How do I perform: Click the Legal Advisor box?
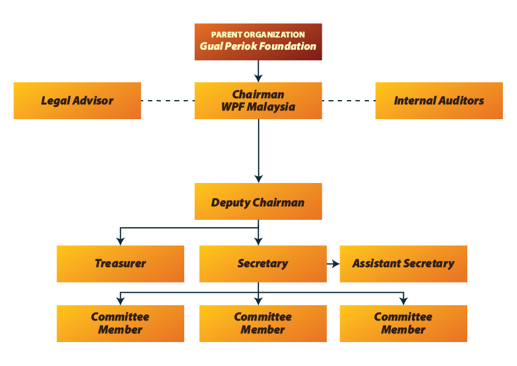77,101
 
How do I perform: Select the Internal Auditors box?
438,101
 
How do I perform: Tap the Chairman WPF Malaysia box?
258,101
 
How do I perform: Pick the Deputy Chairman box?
258,201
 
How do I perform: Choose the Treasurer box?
120,264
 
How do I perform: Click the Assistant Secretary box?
403,264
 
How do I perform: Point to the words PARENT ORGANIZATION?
258,35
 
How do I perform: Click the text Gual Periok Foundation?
258,47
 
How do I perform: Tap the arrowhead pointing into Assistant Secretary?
335,263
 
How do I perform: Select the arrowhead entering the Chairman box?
258,77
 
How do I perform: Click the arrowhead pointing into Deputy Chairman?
258,178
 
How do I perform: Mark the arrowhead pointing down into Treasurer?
121,240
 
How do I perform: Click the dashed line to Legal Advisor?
168,101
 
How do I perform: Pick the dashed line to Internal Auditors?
348,101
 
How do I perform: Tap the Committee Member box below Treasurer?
120,324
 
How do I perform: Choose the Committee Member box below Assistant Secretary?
403,324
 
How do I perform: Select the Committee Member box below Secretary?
262,324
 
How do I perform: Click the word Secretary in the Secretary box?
262,263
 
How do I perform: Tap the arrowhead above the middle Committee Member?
258,300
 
